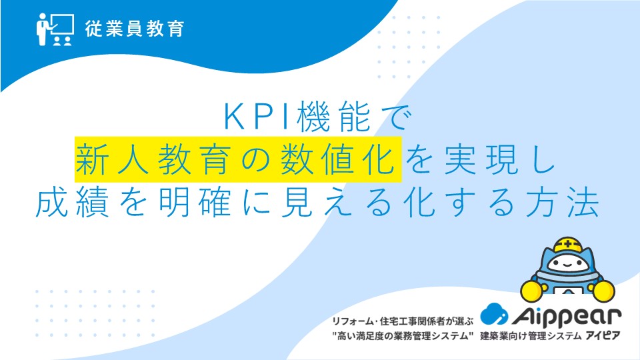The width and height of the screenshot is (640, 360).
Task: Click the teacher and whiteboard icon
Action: point(55,29)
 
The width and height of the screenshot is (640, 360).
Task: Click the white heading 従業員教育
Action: point(134,29)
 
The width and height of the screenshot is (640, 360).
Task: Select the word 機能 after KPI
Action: point(334,117)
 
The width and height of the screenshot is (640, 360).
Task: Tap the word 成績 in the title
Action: point(72,203)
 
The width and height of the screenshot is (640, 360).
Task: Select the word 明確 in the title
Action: point(195,203)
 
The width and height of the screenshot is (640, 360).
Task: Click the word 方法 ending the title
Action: point(563,203)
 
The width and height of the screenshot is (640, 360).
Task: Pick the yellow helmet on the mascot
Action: point(568,245)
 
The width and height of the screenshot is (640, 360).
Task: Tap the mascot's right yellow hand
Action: point(603,291)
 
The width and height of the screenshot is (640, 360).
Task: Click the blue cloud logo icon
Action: point(494,314)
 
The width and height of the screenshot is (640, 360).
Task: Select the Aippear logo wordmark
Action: point(566,316)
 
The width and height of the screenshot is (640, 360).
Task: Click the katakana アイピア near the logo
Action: point(603,336)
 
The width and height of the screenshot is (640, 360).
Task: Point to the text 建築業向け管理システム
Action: point(531,336)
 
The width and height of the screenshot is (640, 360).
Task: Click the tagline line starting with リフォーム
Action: point(403,321)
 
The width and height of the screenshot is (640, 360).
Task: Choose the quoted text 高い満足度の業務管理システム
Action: point(403,336)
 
